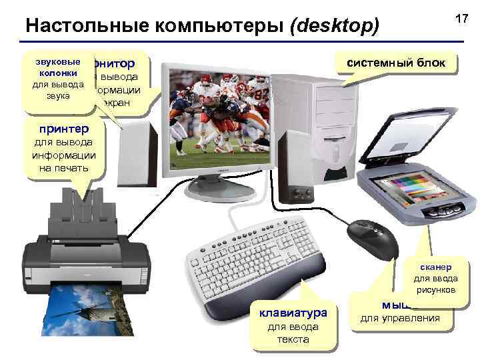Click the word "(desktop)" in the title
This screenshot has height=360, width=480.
pos(334,26)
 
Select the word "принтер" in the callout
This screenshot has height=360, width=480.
pos(63,127)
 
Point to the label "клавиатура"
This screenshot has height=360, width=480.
pos(293,312)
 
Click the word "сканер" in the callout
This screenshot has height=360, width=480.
pos(435,266)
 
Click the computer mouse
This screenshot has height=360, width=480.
pos(373,238)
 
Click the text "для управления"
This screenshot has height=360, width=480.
pos(400,318)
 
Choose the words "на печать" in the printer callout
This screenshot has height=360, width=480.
pos(63,168)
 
